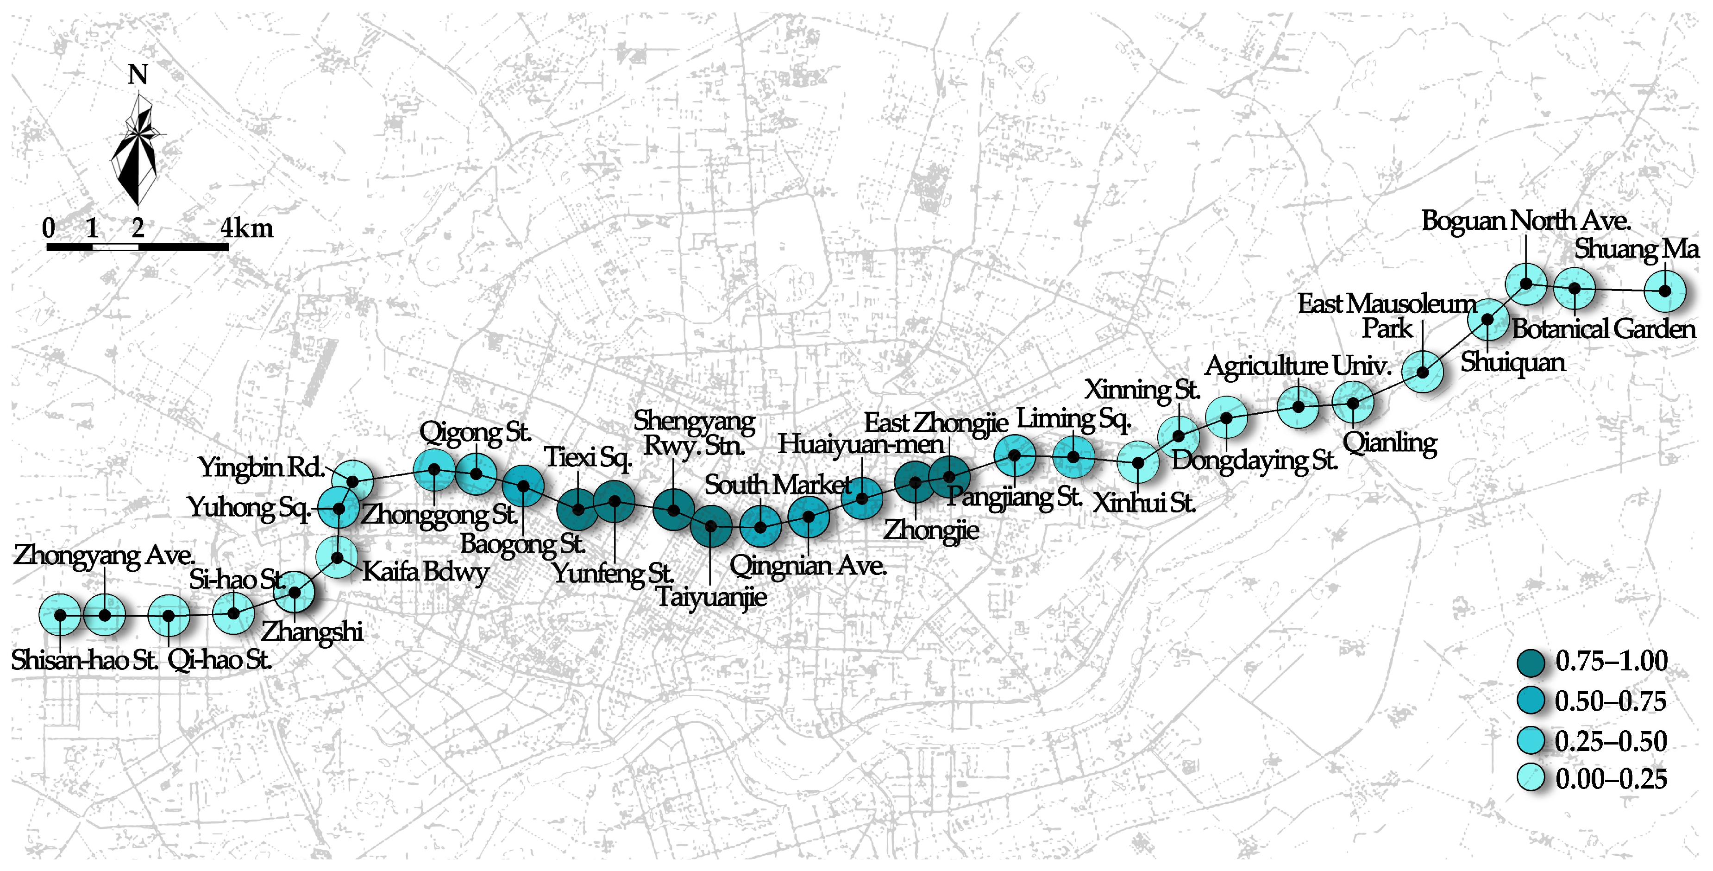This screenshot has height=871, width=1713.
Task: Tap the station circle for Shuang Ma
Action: pos(1664,291)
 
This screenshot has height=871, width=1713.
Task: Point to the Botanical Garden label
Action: pos(1603,328)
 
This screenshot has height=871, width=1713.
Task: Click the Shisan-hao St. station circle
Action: pos(60,615)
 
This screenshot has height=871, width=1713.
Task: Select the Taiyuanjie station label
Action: pos(711,597)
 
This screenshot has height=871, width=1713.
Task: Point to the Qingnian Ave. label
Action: pos(808,566)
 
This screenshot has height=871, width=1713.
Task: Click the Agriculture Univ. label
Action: pos(1298,365)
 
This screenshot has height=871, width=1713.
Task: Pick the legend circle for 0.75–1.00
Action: pos(1531,662)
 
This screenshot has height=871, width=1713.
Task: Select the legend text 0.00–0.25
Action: pos(1611,778)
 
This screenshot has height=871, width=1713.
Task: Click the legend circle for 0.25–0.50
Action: pos(1531,741)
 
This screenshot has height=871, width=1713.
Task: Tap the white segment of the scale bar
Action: pos(115,247)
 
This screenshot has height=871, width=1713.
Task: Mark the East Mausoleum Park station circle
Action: pos(1422,372)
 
